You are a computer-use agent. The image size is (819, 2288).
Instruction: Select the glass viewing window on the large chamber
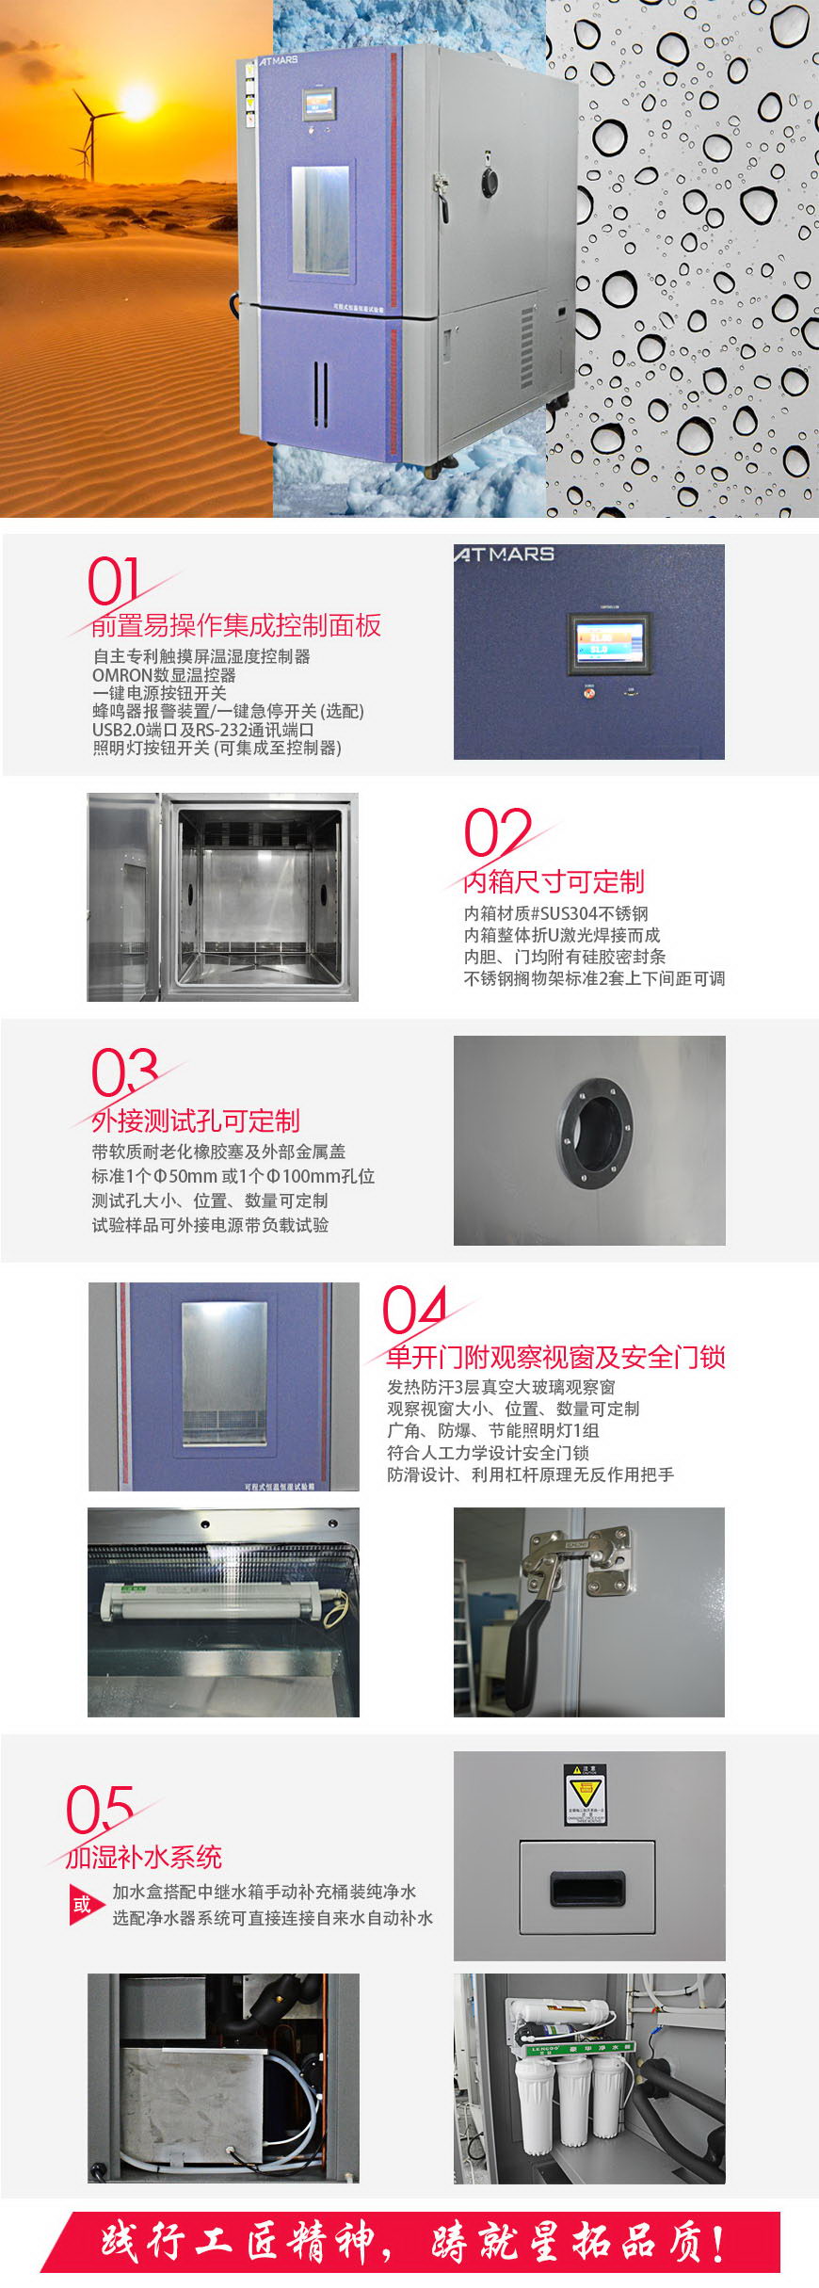pos(320,220)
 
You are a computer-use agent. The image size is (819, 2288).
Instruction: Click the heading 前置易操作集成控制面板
pos(236,625)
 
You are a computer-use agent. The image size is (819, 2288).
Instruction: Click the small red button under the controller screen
pos(590,693)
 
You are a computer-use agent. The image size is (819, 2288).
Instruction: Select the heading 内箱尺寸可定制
pos(554,881)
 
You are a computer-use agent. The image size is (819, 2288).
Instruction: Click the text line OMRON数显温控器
pos(164,675)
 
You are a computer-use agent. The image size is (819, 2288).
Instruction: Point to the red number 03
pos(123,1072)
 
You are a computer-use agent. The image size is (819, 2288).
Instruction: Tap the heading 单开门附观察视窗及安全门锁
pos(555,1357)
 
